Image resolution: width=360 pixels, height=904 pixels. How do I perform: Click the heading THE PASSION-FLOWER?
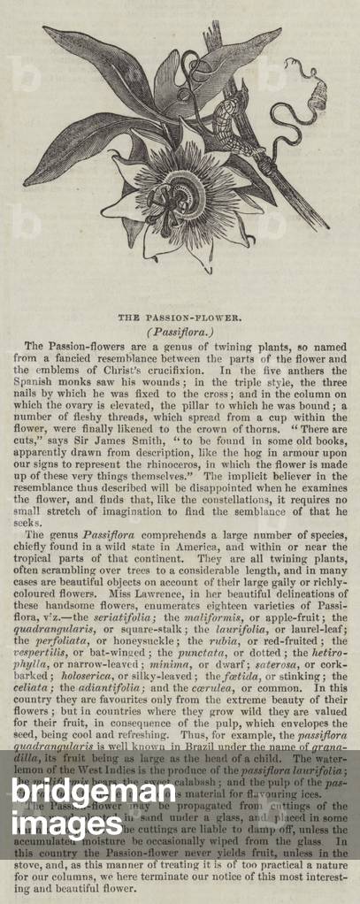pos(180,314)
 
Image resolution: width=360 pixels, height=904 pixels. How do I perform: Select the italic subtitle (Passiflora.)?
pos(180,330)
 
